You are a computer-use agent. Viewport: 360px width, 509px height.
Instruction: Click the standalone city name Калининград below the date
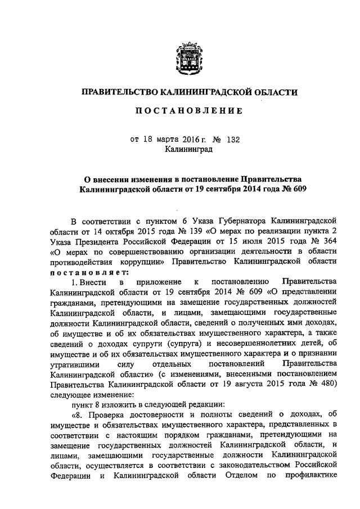click(188, 150)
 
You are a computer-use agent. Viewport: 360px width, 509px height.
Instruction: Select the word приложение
click(162, 281)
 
